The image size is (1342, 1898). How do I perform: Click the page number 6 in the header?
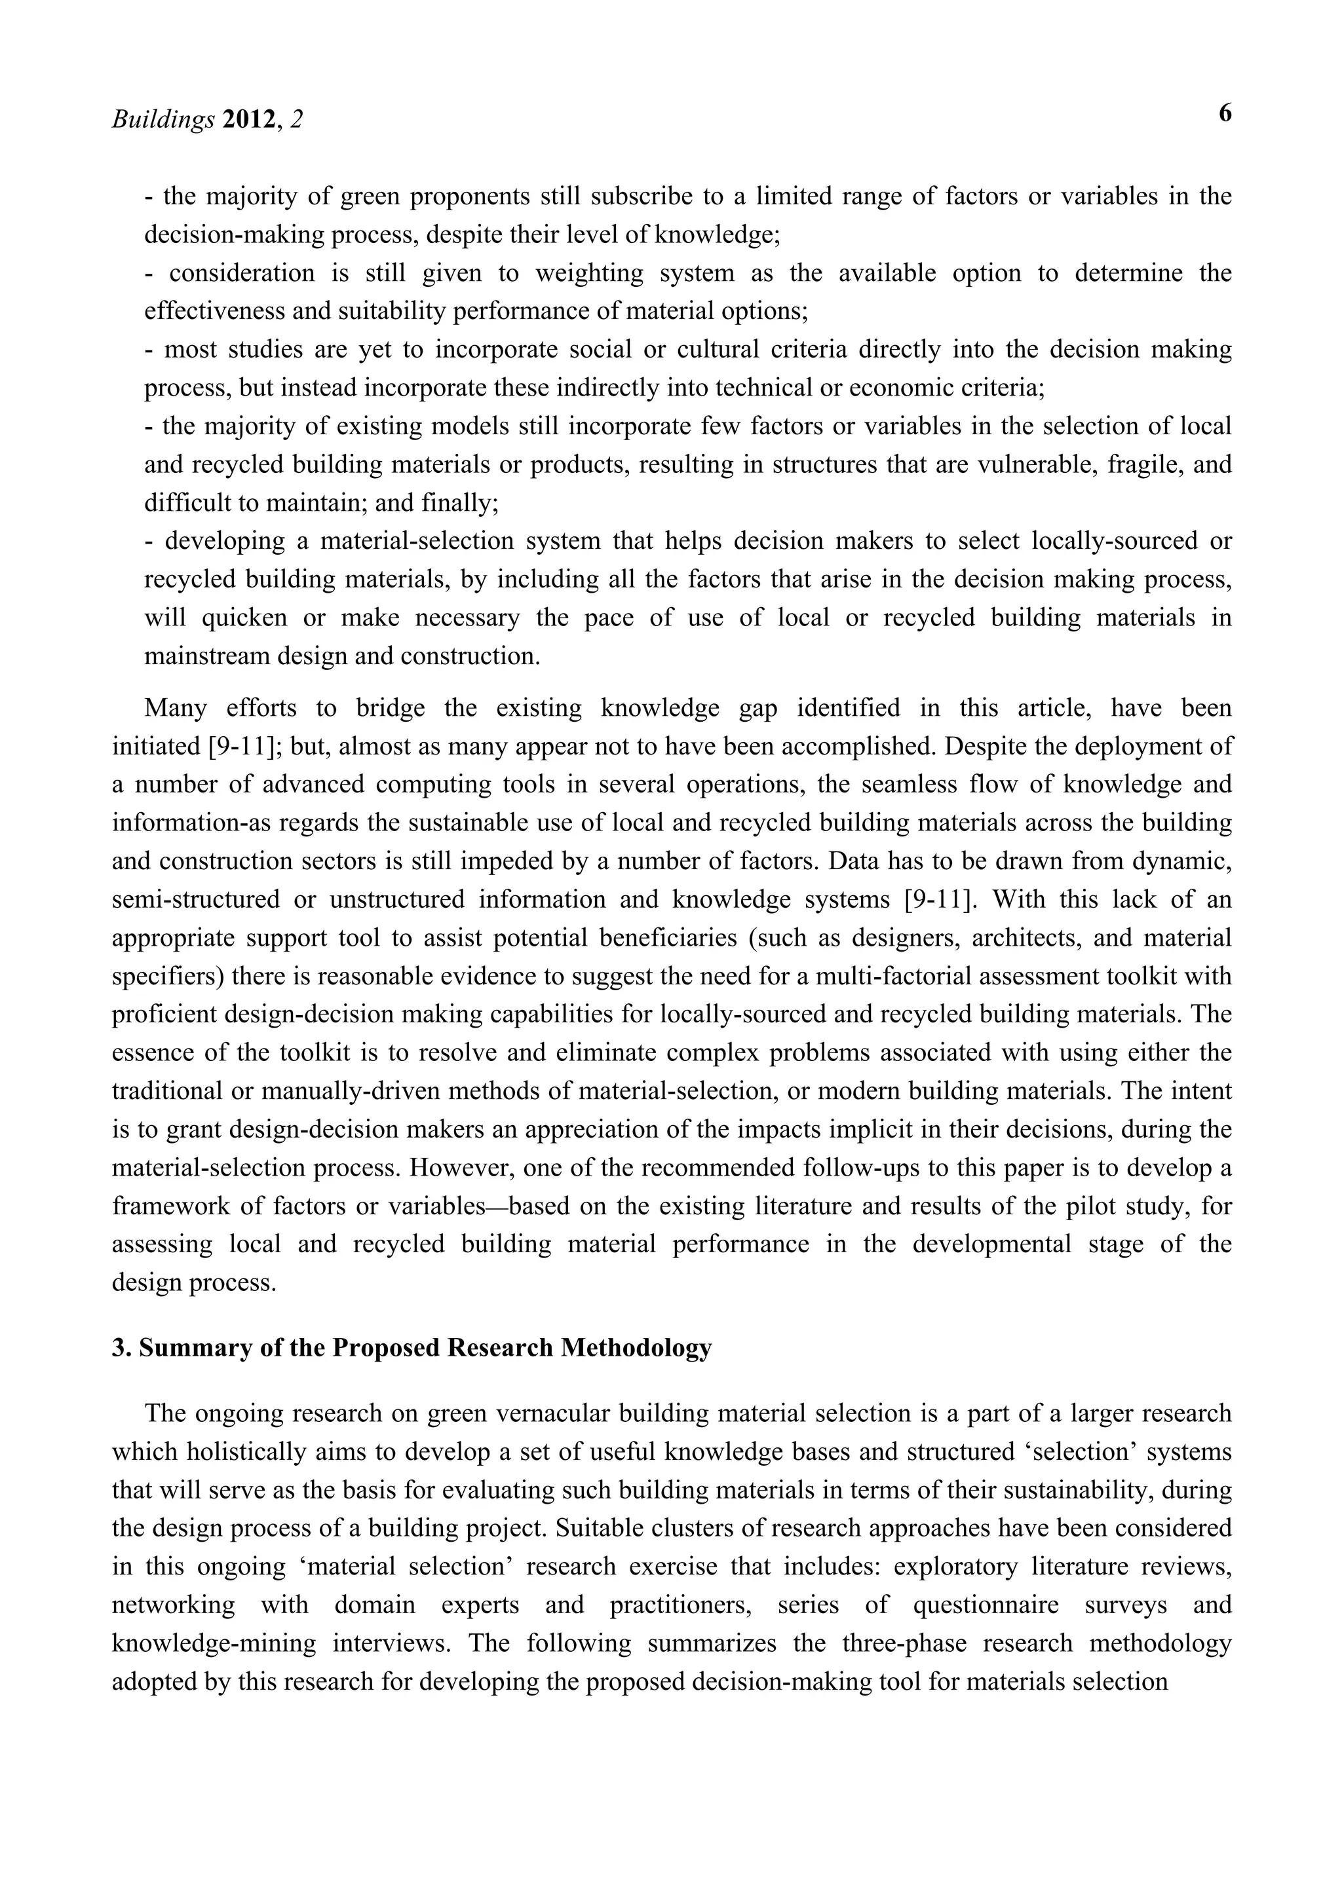[1225, 113]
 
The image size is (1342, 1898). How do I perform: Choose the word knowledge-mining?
[214, 1643]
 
